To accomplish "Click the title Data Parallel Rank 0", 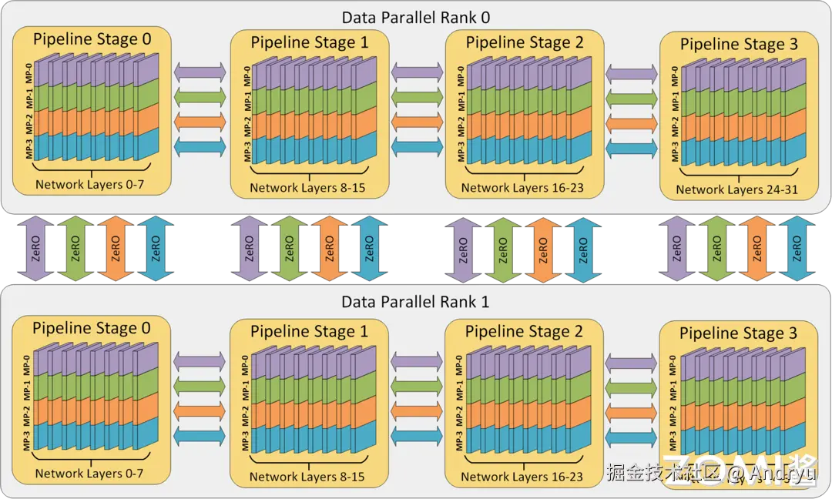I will tap(416, 17).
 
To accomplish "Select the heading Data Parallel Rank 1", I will tap(416, 301).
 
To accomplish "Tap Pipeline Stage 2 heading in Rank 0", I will tap(525, 42).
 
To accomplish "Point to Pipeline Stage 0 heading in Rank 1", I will tap(92, 329).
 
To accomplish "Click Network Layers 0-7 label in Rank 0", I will tap(89, 185).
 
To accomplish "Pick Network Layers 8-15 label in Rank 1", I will tap(307, 477).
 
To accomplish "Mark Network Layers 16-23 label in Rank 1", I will tap(522, 477).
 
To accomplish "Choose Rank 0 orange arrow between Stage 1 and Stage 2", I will tap(417, 122).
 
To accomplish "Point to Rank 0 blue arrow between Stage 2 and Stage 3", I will tap(631, 147).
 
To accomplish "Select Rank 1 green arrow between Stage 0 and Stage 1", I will tap(200, 385).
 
